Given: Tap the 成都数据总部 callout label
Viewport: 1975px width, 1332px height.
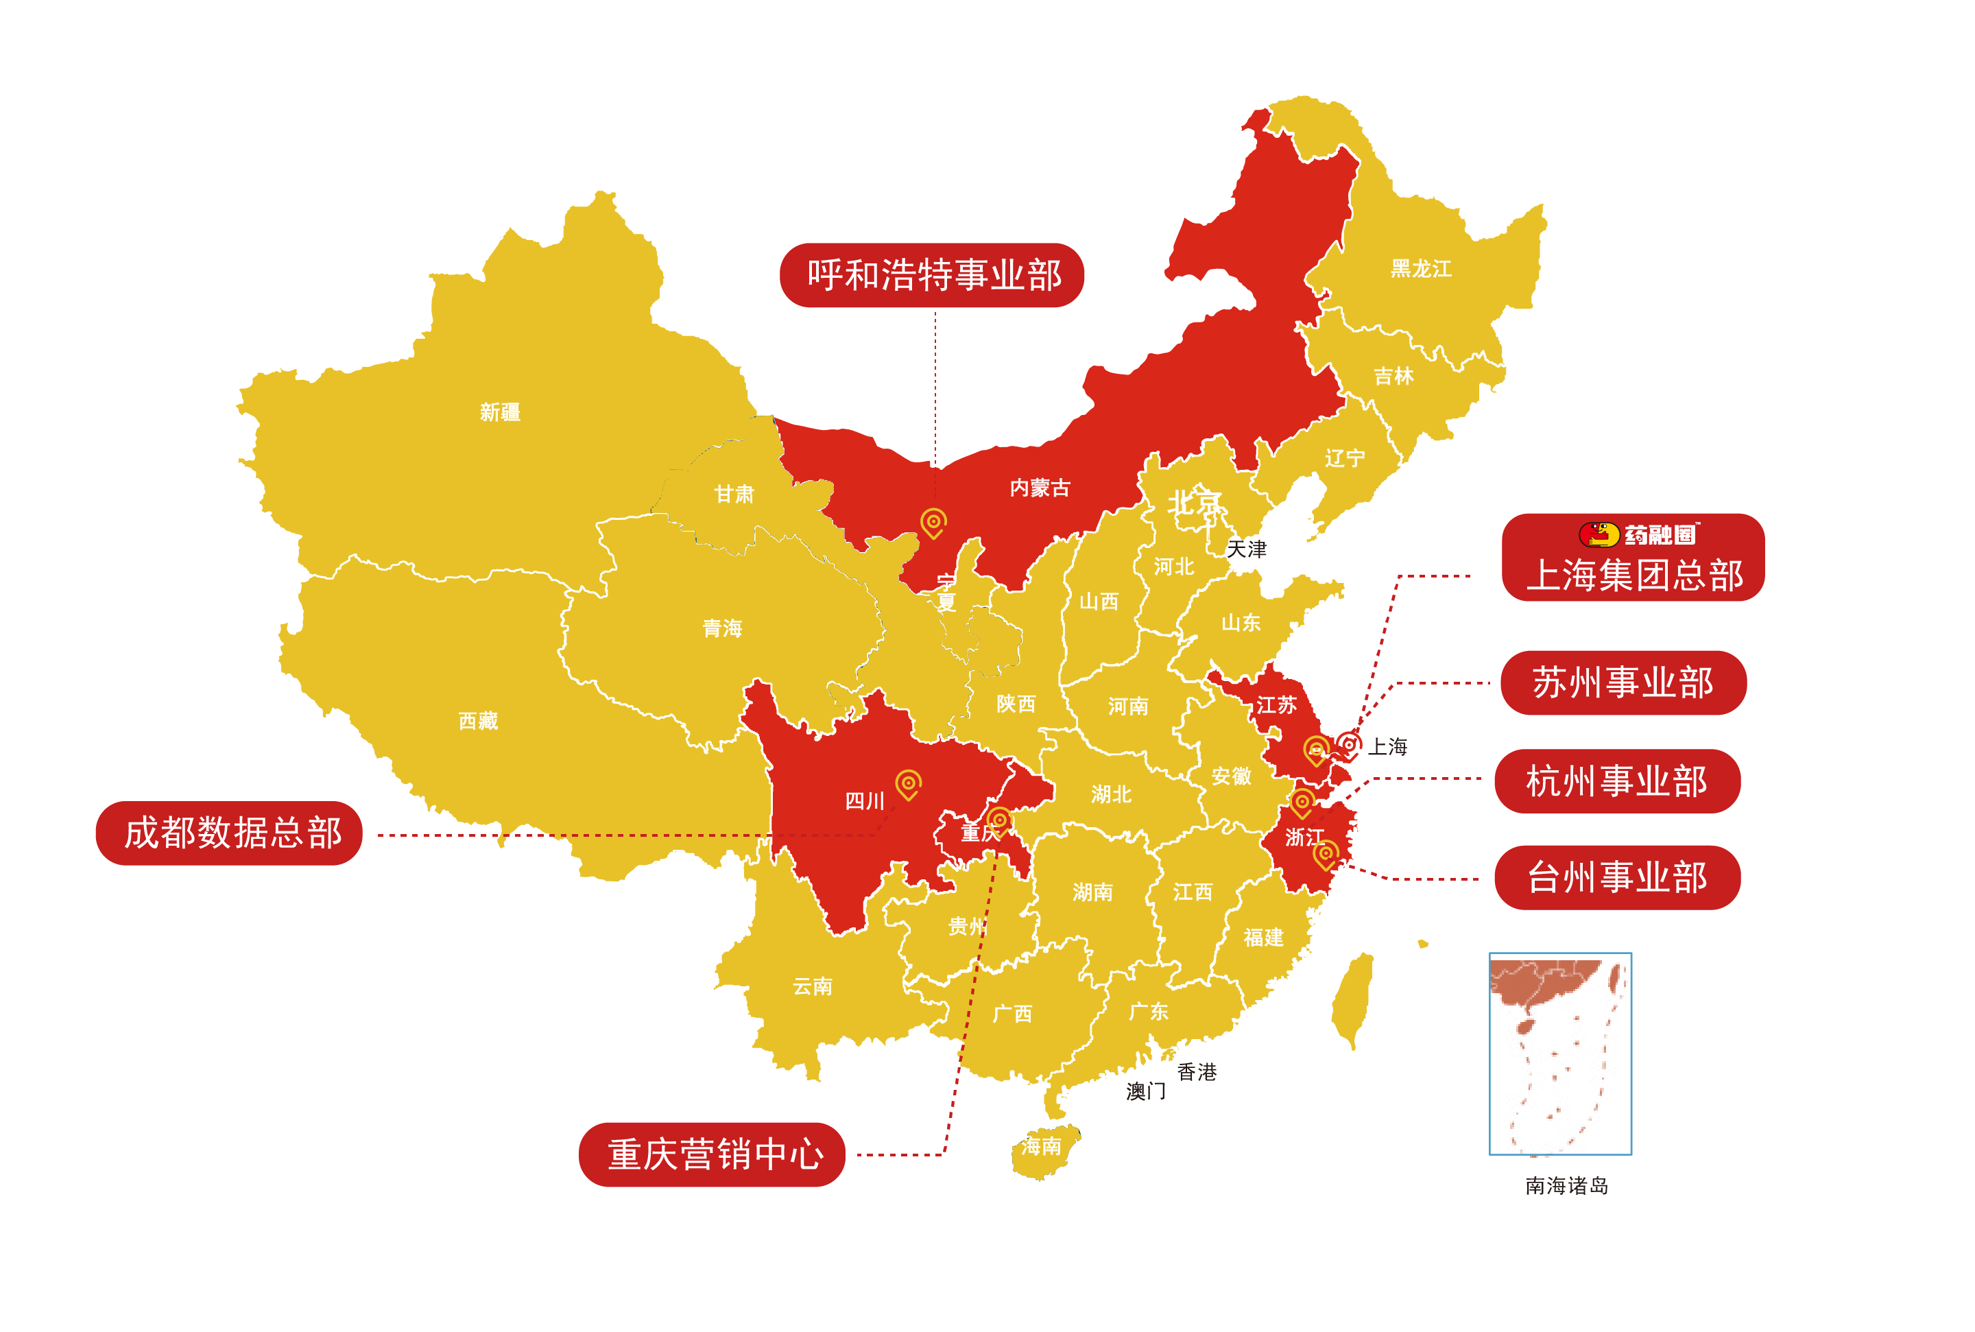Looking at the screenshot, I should tap(228, 833).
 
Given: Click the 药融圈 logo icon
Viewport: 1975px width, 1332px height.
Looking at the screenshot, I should tap(1597, 534).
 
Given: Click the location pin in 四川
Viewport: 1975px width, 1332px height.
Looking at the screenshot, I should tap(908, 783).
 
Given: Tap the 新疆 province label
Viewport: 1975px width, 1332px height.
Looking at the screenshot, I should tap(499, 412).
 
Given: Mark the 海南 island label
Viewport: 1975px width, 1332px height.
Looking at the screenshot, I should tap(1040, 1146).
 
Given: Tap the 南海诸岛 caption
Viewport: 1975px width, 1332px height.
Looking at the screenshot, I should tap(1566, 1185).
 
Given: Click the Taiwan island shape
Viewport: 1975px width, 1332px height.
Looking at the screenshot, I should tap(1351, 999).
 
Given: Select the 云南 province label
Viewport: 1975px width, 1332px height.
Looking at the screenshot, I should tap(812, 986).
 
